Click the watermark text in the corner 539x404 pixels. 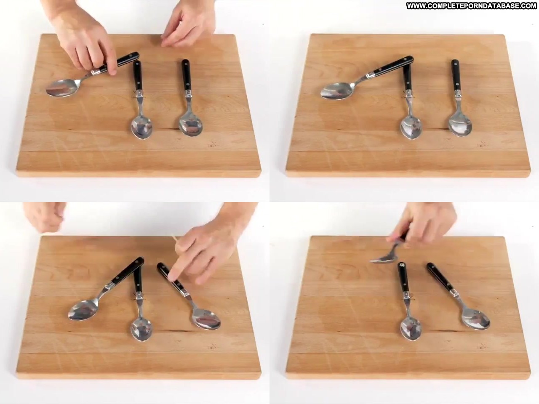pos(472,6)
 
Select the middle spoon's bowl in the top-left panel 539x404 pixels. pos(141,128)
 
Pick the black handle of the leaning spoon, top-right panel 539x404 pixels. pos(393,66)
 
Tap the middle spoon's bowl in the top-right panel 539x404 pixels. pos(411,128)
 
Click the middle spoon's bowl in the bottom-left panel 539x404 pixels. pos(141,328)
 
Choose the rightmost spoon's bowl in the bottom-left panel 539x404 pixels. pos(206,319)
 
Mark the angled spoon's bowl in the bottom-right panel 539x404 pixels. pos(476,319)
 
